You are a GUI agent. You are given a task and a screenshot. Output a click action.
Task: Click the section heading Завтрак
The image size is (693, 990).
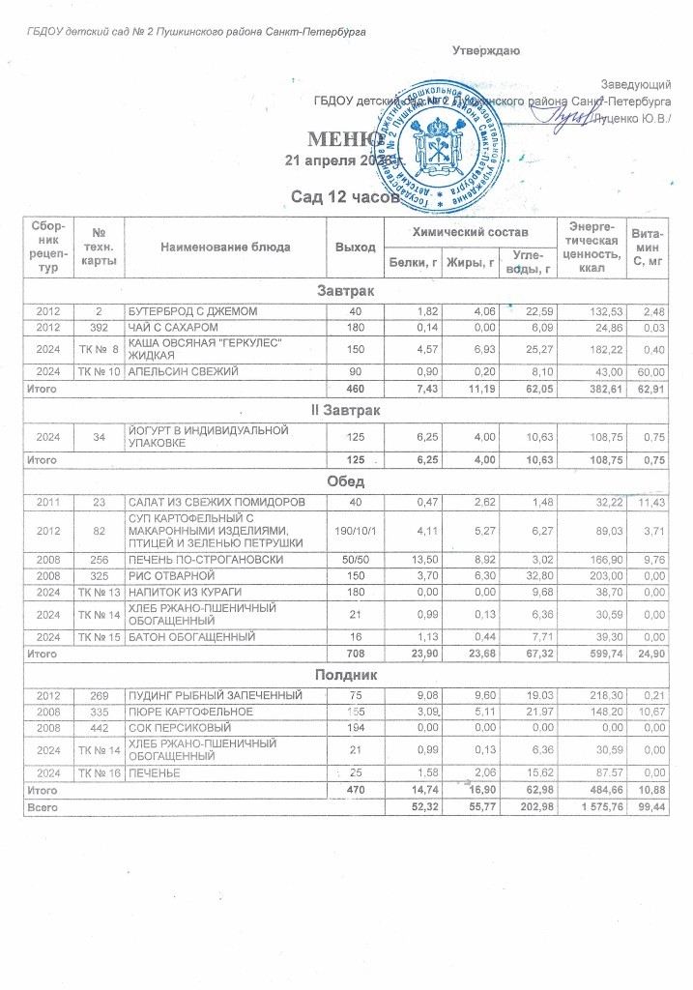[346, 291]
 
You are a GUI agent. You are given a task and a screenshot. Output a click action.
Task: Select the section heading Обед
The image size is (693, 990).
[346, 480]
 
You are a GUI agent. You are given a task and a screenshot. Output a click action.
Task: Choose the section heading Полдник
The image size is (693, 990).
[346, 673]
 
